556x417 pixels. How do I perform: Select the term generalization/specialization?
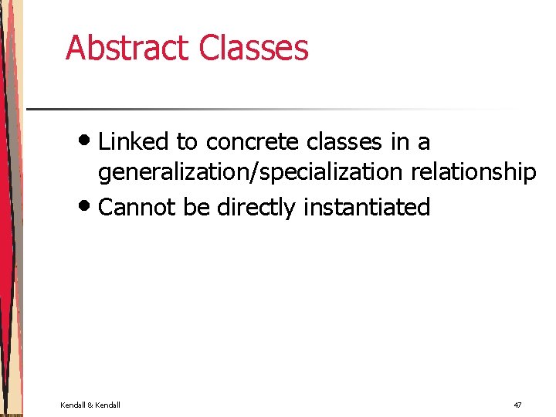pyautogui.click(x=249, y=172)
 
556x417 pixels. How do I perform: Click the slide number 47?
pyautogui.click(x=517, y=405)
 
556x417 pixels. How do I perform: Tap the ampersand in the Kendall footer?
pyautogui.click(x=90, y=405)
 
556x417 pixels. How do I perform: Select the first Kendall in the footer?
pyautogui.click(x=73, y=405)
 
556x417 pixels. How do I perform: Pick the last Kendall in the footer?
pyautogui.click(x=107, y=405)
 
